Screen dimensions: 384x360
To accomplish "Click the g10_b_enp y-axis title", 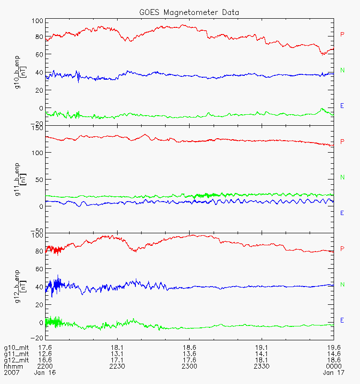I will pyautogui.click(x=18, y=70).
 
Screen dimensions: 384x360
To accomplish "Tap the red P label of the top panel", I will pyautogui.click(x=342, y=35).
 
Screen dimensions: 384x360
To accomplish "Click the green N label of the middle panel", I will pyautogui.click(x=342, y=178).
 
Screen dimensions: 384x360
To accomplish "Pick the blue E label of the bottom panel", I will pyautogui.click(x=342, y=320).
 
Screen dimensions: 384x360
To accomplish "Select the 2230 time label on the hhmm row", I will pyautogui.click(x=117, y=366).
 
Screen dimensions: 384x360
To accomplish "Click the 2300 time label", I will pyautogui.click(x=189, y=366).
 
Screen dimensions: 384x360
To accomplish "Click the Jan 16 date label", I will pyautogui.click(x=45, y=372).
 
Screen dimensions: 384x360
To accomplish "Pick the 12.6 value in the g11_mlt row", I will pyautogui.click(x=45, y=353).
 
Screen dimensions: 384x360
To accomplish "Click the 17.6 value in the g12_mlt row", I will pyautogui.click(x=189, y=360).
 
